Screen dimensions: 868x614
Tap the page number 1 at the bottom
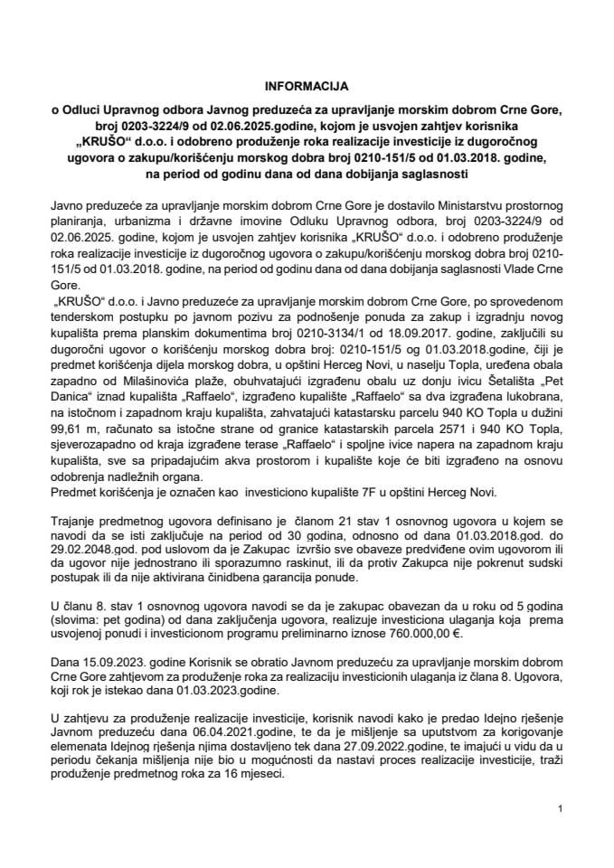(x=561, y=808)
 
